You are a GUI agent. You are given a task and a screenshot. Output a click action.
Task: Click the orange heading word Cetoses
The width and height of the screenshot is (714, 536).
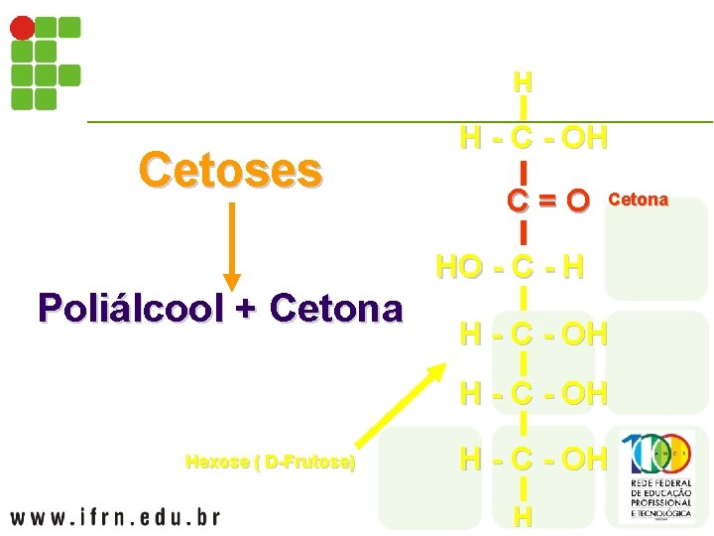coord(230,170)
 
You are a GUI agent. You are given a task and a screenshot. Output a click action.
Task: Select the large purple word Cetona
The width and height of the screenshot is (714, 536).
coord(335,309)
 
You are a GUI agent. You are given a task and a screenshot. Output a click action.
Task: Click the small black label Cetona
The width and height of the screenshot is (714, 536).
coord(638,201)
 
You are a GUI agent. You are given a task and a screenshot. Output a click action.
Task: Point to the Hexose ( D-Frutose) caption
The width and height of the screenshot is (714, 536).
coord(270,462)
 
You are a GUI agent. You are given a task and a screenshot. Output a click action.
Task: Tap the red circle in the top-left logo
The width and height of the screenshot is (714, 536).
coord(22,28)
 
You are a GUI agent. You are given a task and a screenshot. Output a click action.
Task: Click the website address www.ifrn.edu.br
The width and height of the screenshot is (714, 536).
coord(115,516)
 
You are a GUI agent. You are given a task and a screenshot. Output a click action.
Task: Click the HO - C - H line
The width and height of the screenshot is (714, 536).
coord(510,268)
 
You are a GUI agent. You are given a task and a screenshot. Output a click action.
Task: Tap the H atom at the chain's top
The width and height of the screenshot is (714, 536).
coord(523,80)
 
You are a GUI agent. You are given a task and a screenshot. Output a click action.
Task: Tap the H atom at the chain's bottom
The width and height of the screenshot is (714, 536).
coord(523,516)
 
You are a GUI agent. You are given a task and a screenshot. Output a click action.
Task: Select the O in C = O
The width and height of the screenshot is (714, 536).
coord(578,201)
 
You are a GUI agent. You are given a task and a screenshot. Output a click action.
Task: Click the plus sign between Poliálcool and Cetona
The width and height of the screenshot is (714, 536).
coord(244,309)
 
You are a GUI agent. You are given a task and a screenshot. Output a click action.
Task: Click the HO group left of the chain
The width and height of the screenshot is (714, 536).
coord(458,268)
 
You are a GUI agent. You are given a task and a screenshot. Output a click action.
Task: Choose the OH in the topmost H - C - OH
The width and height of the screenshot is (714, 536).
coord(584,137)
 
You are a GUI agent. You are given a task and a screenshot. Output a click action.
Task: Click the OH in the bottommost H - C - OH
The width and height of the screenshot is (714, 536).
coord(584,460)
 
